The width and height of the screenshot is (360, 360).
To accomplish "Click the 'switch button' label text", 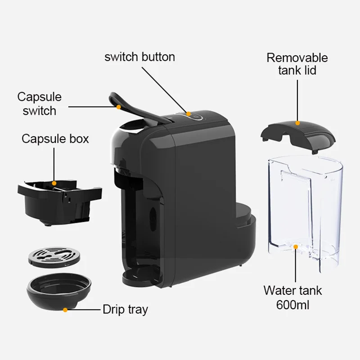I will (139, 57).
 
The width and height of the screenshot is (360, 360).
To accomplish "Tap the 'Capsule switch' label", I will (40, 103).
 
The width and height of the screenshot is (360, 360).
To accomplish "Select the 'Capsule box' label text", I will (55, 138).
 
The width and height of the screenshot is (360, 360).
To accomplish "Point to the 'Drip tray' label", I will (125, 310).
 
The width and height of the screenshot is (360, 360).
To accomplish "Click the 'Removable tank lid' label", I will (297, 64).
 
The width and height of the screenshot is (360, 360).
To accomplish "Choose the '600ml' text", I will (292, 306).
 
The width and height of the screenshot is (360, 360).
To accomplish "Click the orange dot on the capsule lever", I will (118, 107).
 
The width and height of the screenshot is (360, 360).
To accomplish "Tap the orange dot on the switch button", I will (189, 114).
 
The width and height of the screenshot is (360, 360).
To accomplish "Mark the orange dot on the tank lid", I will (297, 122).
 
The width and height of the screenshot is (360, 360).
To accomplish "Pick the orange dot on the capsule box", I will (54, 183).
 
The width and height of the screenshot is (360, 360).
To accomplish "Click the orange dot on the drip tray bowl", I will (65, 310).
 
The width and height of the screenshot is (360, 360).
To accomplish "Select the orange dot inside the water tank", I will (295, 246).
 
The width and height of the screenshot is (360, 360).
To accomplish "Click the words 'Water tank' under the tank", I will (292, 291).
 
